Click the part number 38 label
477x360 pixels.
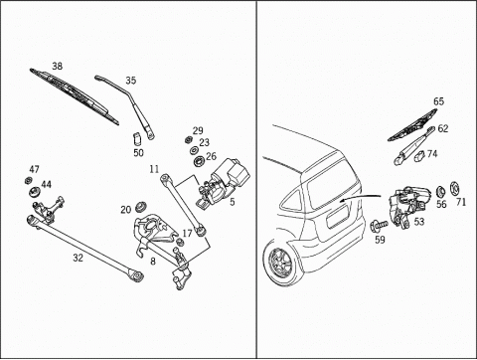click(x=57, y=67)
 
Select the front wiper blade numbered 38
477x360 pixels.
click(x=75, y=96)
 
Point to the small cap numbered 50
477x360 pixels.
click(x=137, y=138)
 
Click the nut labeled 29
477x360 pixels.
click(x=188, y=139)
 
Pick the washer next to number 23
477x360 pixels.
click(x=193, y=150)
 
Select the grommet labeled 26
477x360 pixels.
click(x=200, y=161)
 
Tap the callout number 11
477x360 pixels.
click(x=154, y=169)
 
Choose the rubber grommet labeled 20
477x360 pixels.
click(x=141, y=207)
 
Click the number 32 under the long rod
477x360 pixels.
click(x=78, y=258)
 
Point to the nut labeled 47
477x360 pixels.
click(x=28, y=181)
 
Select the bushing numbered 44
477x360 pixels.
click(x=34, y=192)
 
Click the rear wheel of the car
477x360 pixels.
click(x=281, y=263)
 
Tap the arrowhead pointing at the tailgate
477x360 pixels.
click(x=343, y=200)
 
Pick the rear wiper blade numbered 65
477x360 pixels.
click(x=412, y=124)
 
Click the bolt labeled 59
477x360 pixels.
click(x=379, y=226)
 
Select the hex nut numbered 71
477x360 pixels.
click(x=454, y=189)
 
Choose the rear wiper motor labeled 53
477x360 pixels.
click(x=408, y=206)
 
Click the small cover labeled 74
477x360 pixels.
click(x=420, y=156)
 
